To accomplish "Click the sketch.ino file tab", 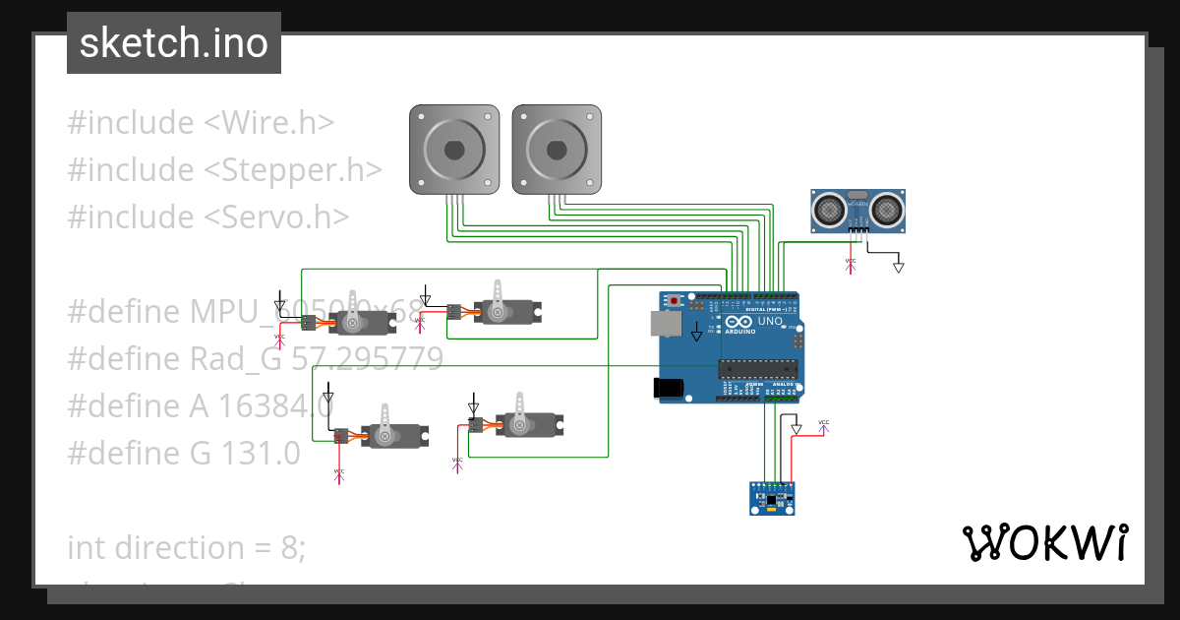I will click(x=173, y=43).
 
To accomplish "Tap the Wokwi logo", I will click(x=1043, y=542).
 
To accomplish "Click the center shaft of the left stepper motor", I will click(x=453, y=151).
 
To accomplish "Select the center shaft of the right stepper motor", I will click(x=557, y=151).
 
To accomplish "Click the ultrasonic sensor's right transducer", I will click(x=887, y=209).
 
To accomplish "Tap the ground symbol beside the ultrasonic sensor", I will click(x=898, y=266).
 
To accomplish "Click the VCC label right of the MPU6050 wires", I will click(x=824, y=424).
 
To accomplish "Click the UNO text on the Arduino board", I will click(x=770, y=321).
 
